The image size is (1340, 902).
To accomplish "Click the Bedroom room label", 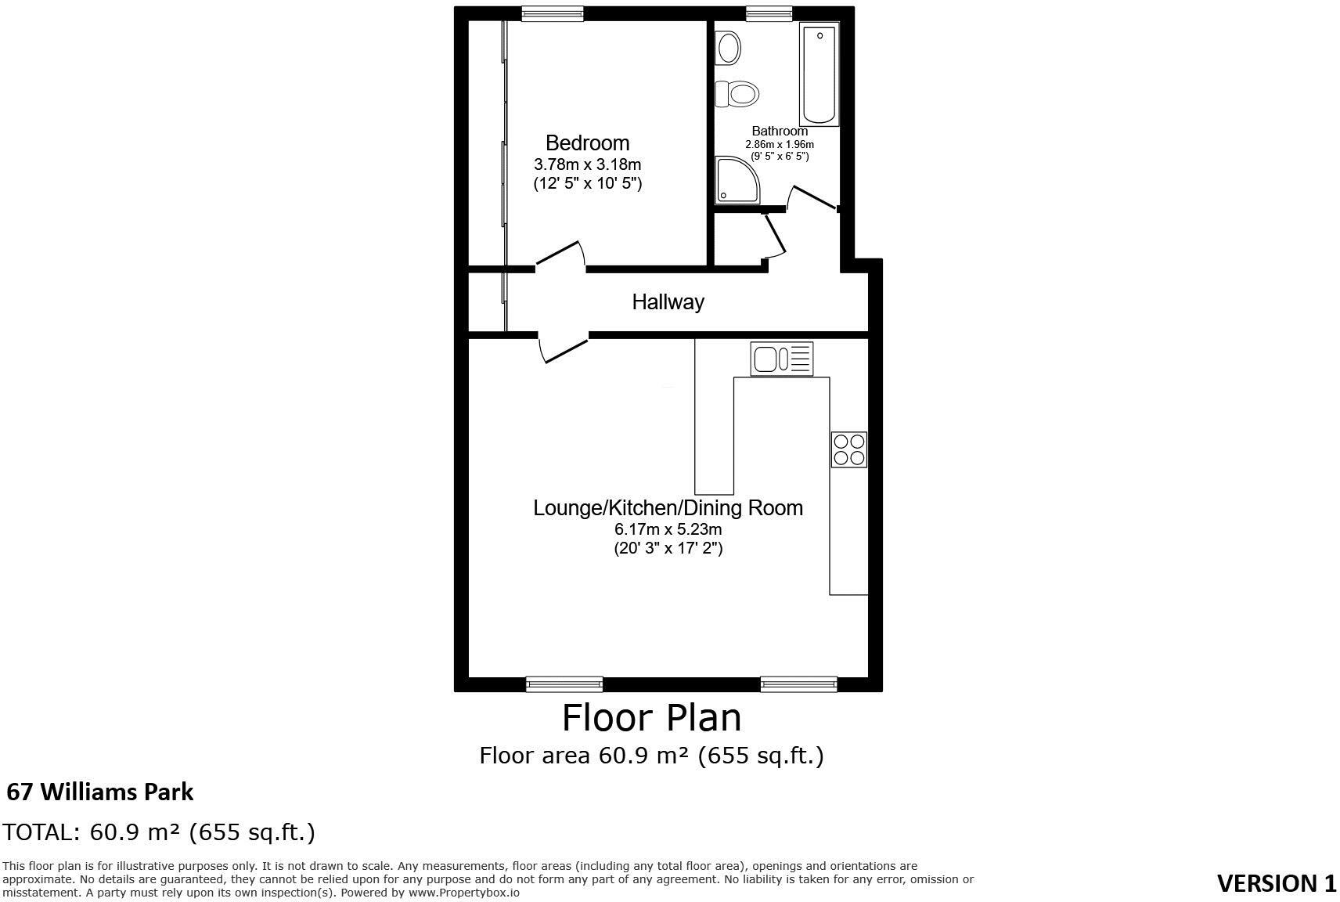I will pos(587,143).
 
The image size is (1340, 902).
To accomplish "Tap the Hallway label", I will pos(668,301).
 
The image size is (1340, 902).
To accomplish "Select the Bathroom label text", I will pos(779,131).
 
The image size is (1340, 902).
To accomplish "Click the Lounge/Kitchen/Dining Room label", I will pos(668,507).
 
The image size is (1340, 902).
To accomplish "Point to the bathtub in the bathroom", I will pos(819,74).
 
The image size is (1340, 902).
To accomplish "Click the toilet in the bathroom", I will pos(738,94).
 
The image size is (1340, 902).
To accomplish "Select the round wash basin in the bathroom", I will pos(729,48).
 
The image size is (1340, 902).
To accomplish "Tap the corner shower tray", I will pos(735,179).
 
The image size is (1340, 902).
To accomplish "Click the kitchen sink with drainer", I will pos(781,359).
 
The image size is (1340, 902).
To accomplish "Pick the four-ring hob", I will pos(848,449).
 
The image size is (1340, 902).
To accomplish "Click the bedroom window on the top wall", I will pos(553,13).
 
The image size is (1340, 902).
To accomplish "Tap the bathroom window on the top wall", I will pos(769,13).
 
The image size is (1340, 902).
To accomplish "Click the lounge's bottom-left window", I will pos(564,684).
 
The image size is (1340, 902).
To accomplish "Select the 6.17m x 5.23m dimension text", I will pos(668,529).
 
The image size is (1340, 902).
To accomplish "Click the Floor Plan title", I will pos(651,717).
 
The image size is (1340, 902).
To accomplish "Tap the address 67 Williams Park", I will pos(99,792).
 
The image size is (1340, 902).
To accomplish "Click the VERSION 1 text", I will pos(1276,883).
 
